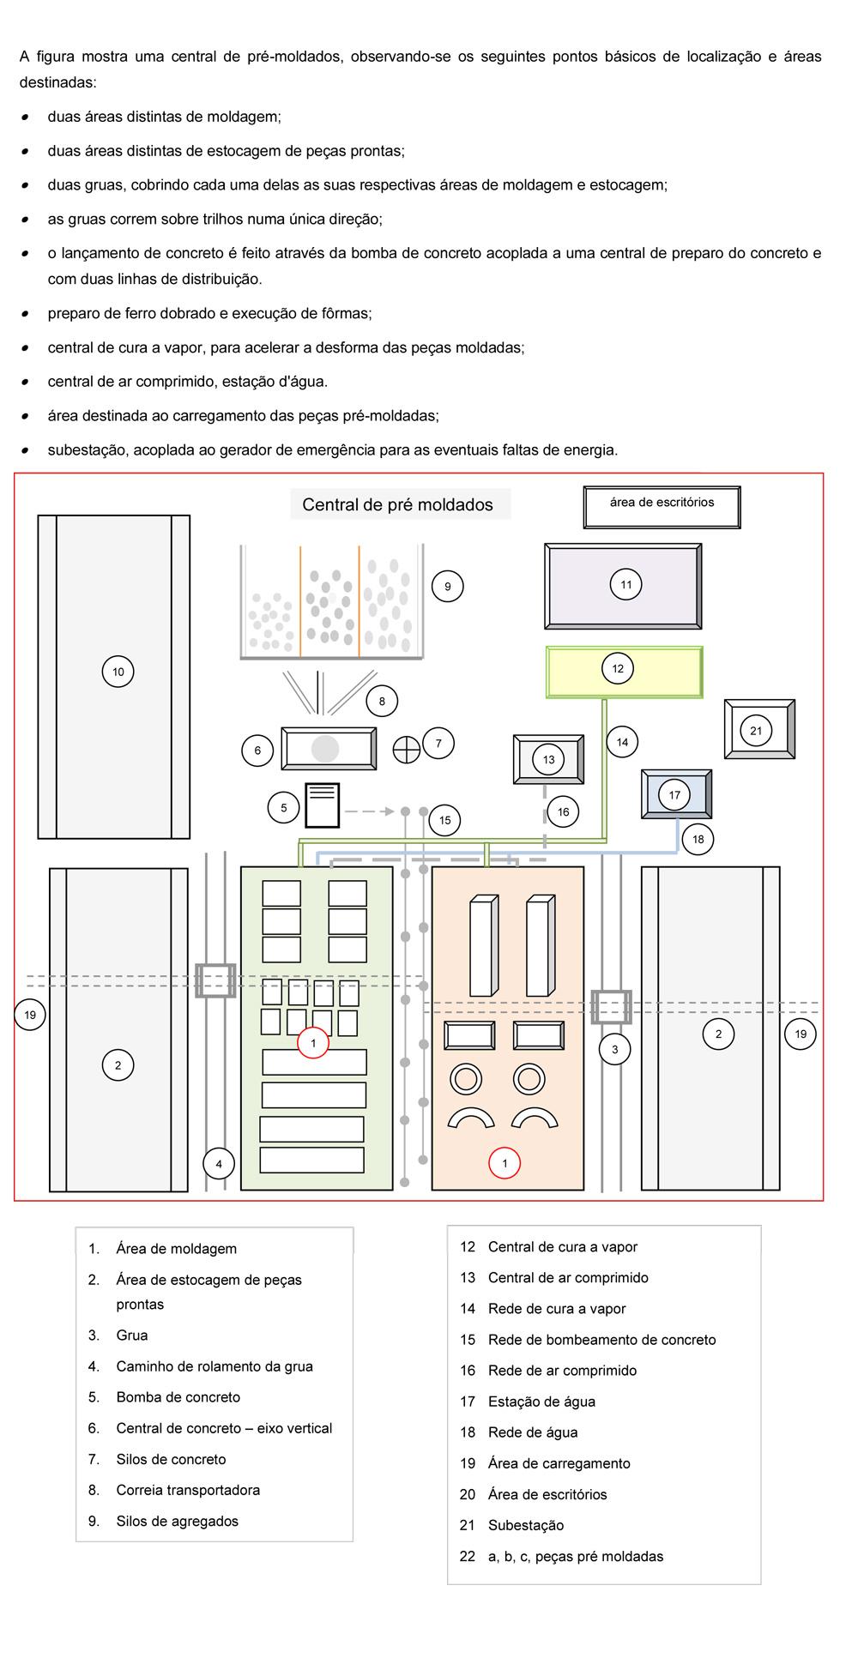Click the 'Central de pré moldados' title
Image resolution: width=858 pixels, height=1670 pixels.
click(x=397, y=504)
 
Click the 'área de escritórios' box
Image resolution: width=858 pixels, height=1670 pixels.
click(x=662, y=507)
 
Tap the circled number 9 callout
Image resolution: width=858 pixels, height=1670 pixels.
click(x=447, y=587)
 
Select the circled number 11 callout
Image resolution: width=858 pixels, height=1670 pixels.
click(x=626, y=585)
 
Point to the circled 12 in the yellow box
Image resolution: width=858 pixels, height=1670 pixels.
click(x=618, y=668)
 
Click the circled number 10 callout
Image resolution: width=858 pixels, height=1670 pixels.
click(x=118, y=672)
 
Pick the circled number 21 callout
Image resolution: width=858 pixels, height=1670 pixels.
click(x=756, y=731)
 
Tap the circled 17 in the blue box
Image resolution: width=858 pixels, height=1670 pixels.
click(x=674, y=795)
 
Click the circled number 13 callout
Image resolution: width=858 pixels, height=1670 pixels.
click(x=549, y=759)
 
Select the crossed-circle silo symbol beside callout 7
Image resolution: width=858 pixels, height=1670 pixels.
click(x=407, y=749)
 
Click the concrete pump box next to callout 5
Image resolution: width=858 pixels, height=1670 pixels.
click(x=323, y=805)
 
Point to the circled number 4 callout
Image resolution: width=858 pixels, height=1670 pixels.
click(x=219, y=1164)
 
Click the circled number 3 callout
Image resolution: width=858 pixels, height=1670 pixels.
click(x=614, y=1049)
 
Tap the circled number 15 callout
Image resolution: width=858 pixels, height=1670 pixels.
click(x=444, y=820)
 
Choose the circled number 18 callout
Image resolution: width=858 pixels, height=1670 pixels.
click(x=698, y=839)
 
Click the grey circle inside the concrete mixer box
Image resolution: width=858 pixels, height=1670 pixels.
click(x=325, y=749)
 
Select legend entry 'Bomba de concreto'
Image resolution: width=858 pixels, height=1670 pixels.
click(x=178, y=1397)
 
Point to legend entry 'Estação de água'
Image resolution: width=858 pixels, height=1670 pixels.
click(x=541, y=1402)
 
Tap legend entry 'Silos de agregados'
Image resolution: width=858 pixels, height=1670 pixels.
click(x=178, y=1521)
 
